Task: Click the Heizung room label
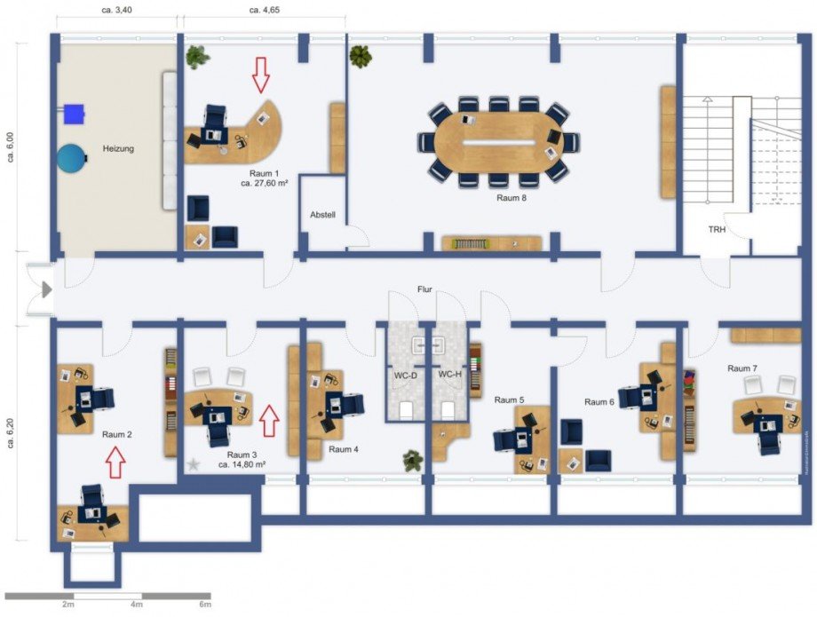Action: pyautogui.click(x=117, y=149)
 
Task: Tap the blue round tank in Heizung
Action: pyautogui.click(x=71, y=158)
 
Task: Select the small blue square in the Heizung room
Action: pyautogui.click(x=73, y=113)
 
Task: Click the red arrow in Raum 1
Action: pyautogui.click(x=260, y=75)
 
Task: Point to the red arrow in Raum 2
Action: pyautogui.click(x=115, y=462)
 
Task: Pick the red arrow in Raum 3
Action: pyautogui.click(x=271, y=419)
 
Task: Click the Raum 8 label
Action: pyautogui.click(x=512, y=198)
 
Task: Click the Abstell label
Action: pyautogui.click(x=321, y=216)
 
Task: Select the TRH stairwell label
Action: pyautogui.click(x=717, y=229)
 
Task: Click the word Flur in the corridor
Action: pyautogui.click(x=425, y=289)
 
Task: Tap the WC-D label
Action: pyautogui.click(x=406, y=376)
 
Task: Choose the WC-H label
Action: pyautogui.click(x=450, y=375)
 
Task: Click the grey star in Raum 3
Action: pyautogui.click(x=193, y=463)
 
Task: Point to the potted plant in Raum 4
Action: pyautogui.click(x=412, y=460)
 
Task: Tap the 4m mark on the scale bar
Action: pyautogui.click(x=137, y=605)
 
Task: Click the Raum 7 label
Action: pyautogui.click(x=742, y=368)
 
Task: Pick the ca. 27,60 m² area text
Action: pyautogui.click(x=265, y=184)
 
